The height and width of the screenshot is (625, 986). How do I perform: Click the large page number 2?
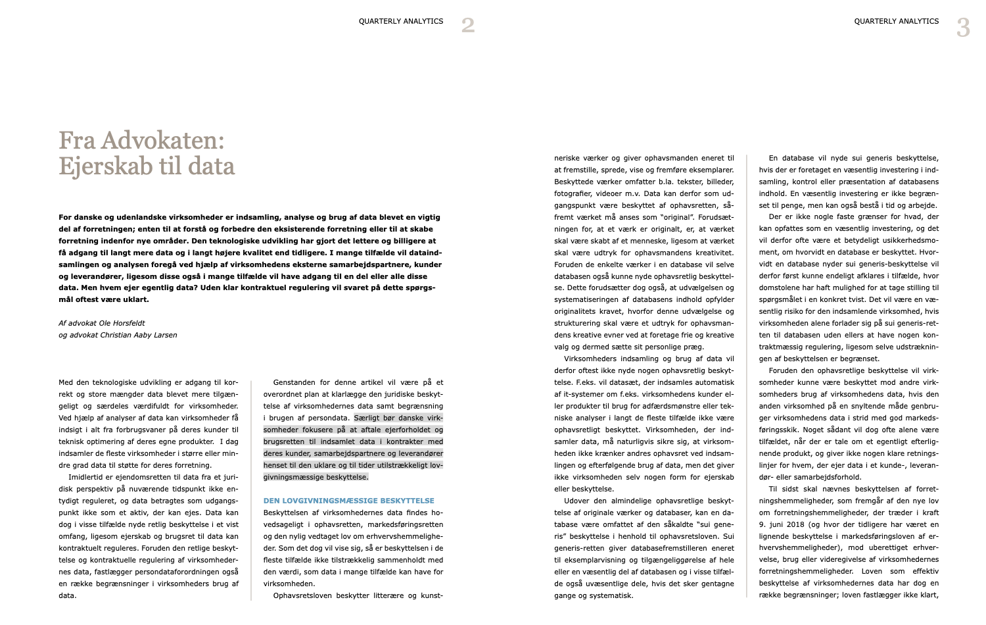pos(467,26)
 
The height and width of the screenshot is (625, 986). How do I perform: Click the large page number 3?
pos(963,28)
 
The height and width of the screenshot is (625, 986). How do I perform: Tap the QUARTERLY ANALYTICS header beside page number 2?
pos(400,22)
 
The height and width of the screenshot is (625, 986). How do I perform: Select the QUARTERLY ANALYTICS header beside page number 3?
pos(896,22)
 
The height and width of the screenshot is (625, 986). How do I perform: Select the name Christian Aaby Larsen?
pos(138,335)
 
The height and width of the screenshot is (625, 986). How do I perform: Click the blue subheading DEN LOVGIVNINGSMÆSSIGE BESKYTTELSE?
pos(348,501)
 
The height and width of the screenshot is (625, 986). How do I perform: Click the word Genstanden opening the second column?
pos(294,382)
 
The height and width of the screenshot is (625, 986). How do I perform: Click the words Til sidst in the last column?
pos(782,489)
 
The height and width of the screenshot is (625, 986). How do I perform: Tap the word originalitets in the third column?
pos(576,311)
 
